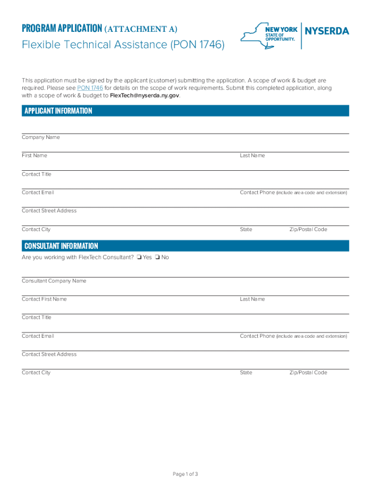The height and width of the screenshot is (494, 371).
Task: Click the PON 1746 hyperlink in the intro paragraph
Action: pyautogui.click(x=90, y=88)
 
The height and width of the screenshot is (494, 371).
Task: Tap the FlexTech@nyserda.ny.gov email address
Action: pyautogui.click(x=145, y=96)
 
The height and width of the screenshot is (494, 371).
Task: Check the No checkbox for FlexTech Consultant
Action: pyautogui.click(x=157, y=258)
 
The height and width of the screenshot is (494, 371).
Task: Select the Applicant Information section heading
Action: pyautogui.click(x=58, y=111)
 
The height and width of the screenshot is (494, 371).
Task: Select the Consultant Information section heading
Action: pyautogui.click(x=61, y=246)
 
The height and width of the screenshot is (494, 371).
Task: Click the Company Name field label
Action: pyautogui.click(x=41, y=137)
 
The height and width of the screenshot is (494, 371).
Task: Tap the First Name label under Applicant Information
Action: pyautogui.click(x=34, y=156)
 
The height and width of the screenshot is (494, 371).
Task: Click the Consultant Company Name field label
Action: pyautogui.click(x=54, y=281)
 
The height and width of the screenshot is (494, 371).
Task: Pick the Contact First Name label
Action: pyautogui.click(x=44, y=299)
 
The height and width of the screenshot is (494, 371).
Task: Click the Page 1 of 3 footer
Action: pyautogui.click(x=185, y=474)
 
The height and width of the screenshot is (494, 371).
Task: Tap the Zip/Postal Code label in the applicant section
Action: pyautogui.click(x=308, y=230)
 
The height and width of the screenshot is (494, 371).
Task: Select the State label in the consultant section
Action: pyautogui.click(x=246, y=373)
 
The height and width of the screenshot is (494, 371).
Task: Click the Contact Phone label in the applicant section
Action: pyautogui.click(x=257, y=192)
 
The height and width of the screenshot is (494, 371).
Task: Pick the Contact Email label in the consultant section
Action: pyautogui.click(x=38, y=336)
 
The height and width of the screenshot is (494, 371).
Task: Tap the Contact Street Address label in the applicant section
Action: pyautogui.click(x=49, y=211)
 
